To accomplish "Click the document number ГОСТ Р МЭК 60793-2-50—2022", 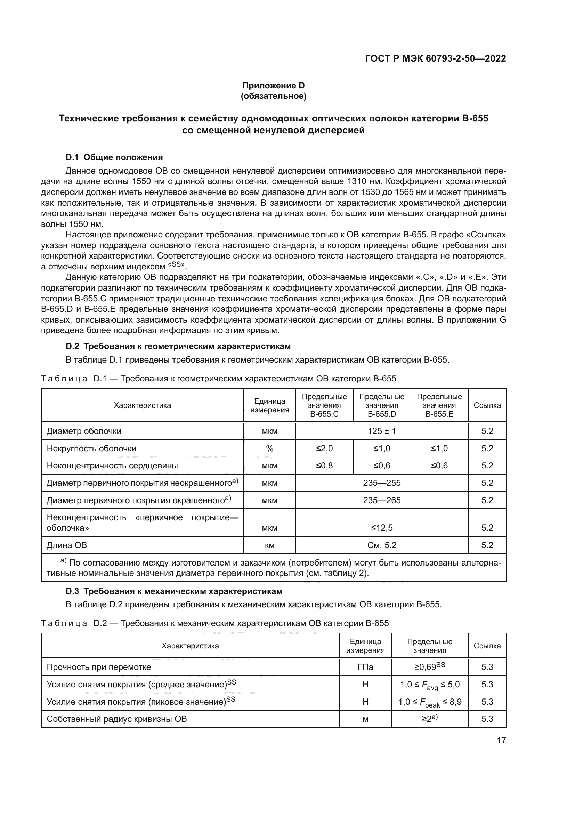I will [435, 58].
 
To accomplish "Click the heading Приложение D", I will [273, 86].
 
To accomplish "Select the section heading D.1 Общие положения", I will [114, 157].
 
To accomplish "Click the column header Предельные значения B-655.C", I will [324, 405].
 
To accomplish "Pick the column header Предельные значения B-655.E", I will [439, 405].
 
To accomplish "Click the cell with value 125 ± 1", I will [382, 431].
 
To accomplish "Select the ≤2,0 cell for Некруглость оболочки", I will [324, 449].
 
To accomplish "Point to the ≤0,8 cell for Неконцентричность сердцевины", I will [324, 466].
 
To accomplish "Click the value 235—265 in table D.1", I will [382, 500].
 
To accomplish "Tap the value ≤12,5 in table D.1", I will [382, 528].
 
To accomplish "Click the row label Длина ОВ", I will [67, 545].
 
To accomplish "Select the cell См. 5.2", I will [382, 545].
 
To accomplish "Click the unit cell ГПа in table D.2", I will [365, 667].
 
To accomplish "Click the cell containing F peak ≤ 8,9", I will [429, 702].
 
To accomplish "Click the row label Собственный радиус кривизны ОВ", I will [116, 719].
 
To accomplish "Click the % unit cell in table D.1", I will [269, 449].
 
